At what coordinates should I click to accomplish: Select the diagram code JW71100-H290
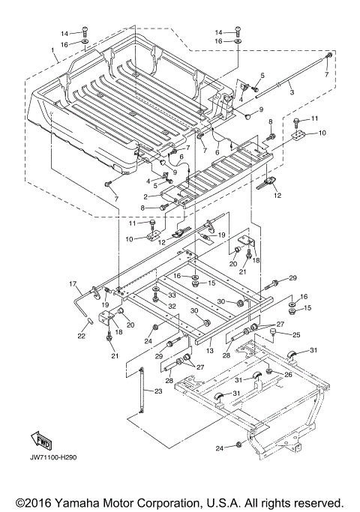[53, 457]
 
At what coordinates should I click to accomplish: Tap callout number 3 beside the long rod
[292, 92]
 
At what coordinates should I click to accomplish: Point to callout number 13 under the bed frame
[210, 350]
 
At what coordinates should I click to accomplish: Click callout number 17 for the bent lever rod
[73, 284]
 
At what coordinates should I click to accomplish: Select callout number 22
[82, 336]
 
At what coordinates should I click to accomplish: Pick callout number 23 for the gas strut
[158, 391]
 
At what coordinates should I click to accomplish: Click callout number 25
[296, 334]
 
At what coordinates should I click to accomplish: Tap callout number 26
[288, 375]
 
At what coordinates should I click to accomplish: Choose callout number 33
[172, 295]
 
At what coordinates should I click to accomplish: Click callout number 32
[172, 307]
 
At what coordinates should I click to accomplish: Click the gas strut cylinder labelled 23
[142, 391]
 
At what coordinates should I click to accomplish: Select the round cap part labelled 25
[273, 332]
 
